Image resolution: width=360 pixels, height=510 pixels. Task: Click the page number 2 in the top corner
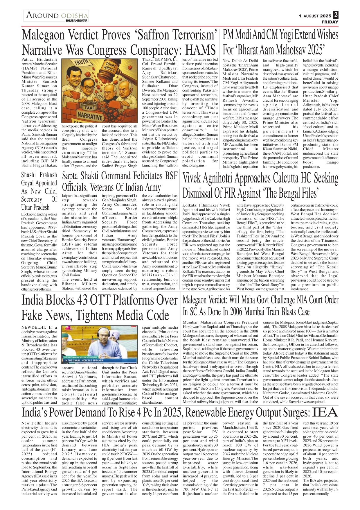click(336, 15)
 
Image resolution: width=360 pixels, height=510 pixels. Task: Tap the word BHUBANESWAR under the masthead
click(77, 21)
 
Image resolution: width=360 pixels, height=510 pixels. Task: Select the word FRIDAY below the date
click(330, 22)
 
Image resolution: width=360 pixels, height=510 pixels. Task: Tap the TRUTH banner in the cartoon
click(81, 62)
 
